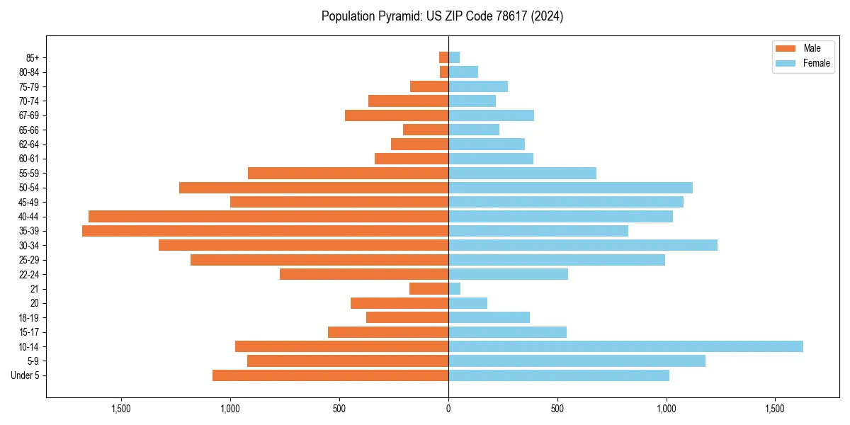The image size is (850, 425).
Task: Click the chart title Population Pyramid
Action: (x=442, y=16)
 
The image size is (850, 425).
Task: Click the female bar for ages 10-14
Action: (x=625, y=346)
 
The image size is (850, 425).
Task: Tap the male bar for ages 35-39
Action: (x=265, y=231)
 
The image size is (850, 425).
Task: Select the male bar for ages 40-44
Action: (x=268, y=216)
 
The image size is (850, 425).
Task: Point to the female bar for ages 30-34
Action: (x=583, y=245)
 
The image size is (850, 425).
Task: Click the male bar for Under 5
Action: (x=330, y=375)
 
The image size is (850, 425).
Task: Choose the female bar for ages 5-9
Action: (x=577, y=361)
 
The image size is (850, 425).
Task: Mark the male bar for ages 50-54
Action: (x=314, y=188)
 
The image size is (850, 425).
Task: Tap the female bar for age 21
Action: (x=454, y=288)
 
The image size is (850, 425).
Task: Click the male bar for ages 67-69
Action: (x=397, y=115)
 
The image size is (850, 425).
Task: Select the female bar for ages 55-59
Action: (x=522, y=173)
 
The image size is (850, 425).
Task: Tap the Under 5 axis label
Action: (x=25, y=375)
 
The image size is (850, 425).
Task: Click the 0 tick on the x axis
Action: (x=448, y=409)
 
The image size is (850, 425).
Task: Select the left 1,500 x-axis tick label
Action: (x=121, y=409)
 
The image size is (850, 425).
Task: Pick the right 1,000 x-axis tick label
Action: (x=666, y=409)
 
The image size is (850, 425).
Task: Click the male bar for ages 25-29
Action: (x=319, y=260)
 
